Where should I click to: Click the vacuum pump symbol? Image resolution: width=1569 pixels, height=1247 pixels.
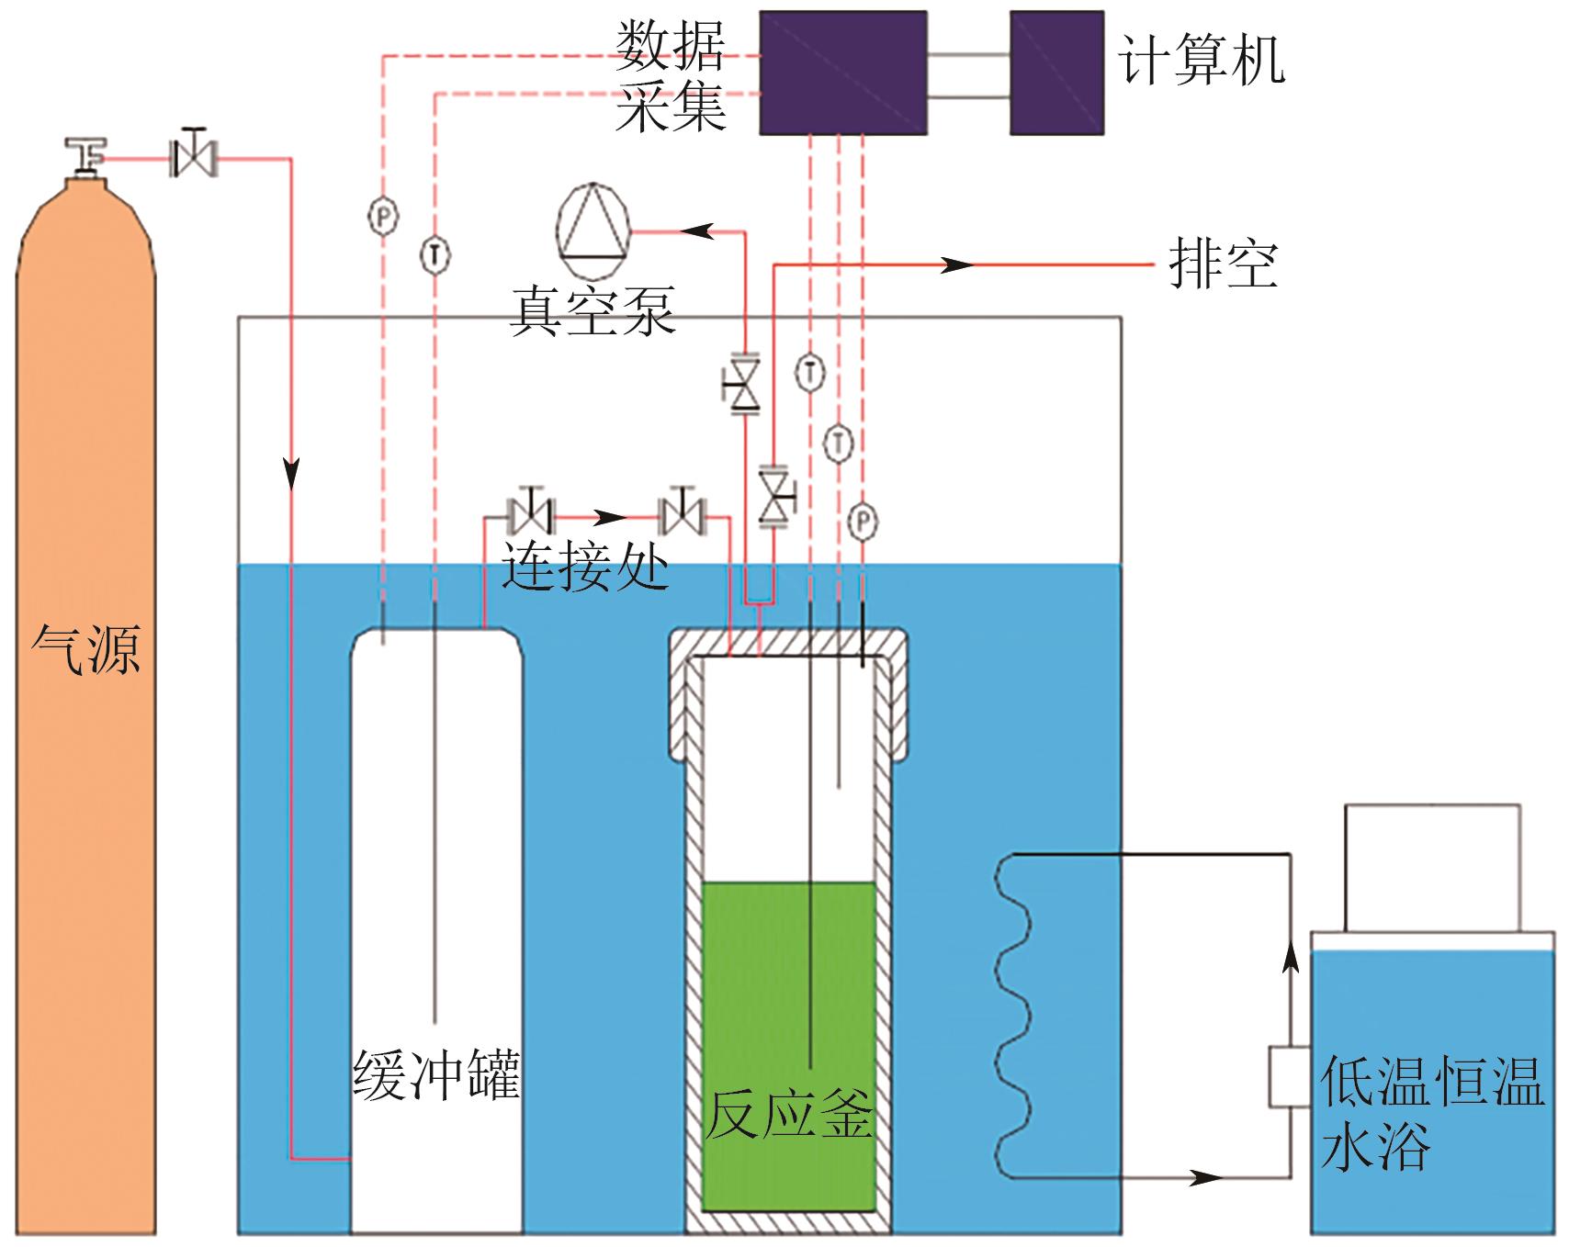[x=593, y=230]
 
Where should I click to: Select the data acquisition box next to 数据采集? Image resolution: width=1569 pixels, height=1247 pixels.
[x=842, y=73]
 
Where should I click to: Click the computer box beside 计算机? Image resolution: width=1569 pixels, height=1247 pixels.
[x=1056, y=73]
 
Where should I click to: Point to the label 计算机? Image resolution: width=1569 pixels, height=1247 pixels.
[x=1201, y=62]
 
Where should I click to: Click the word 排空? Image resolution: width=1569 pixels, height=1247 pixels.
[x=1223, y=264]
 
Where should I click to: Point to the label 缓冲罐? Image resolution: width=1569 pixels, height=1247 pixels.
[x=436, y=1073]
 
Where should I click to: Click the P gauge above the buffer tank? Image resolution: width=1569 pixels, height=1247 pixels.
[x=383, y=217]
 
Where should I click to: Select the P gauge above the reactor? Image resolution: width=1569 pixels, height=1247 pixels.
[x=863, y=522]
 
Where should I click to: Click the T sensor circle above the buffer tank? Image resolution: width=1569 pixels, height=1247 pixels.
[x=435, y=254]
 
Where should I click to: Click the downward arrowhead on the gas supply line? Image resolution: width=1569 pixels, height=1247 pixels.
[x=292, y=474]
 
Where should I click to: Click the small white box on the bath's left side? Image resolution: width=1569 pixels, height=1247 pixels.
[x=1289, y=1075]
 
